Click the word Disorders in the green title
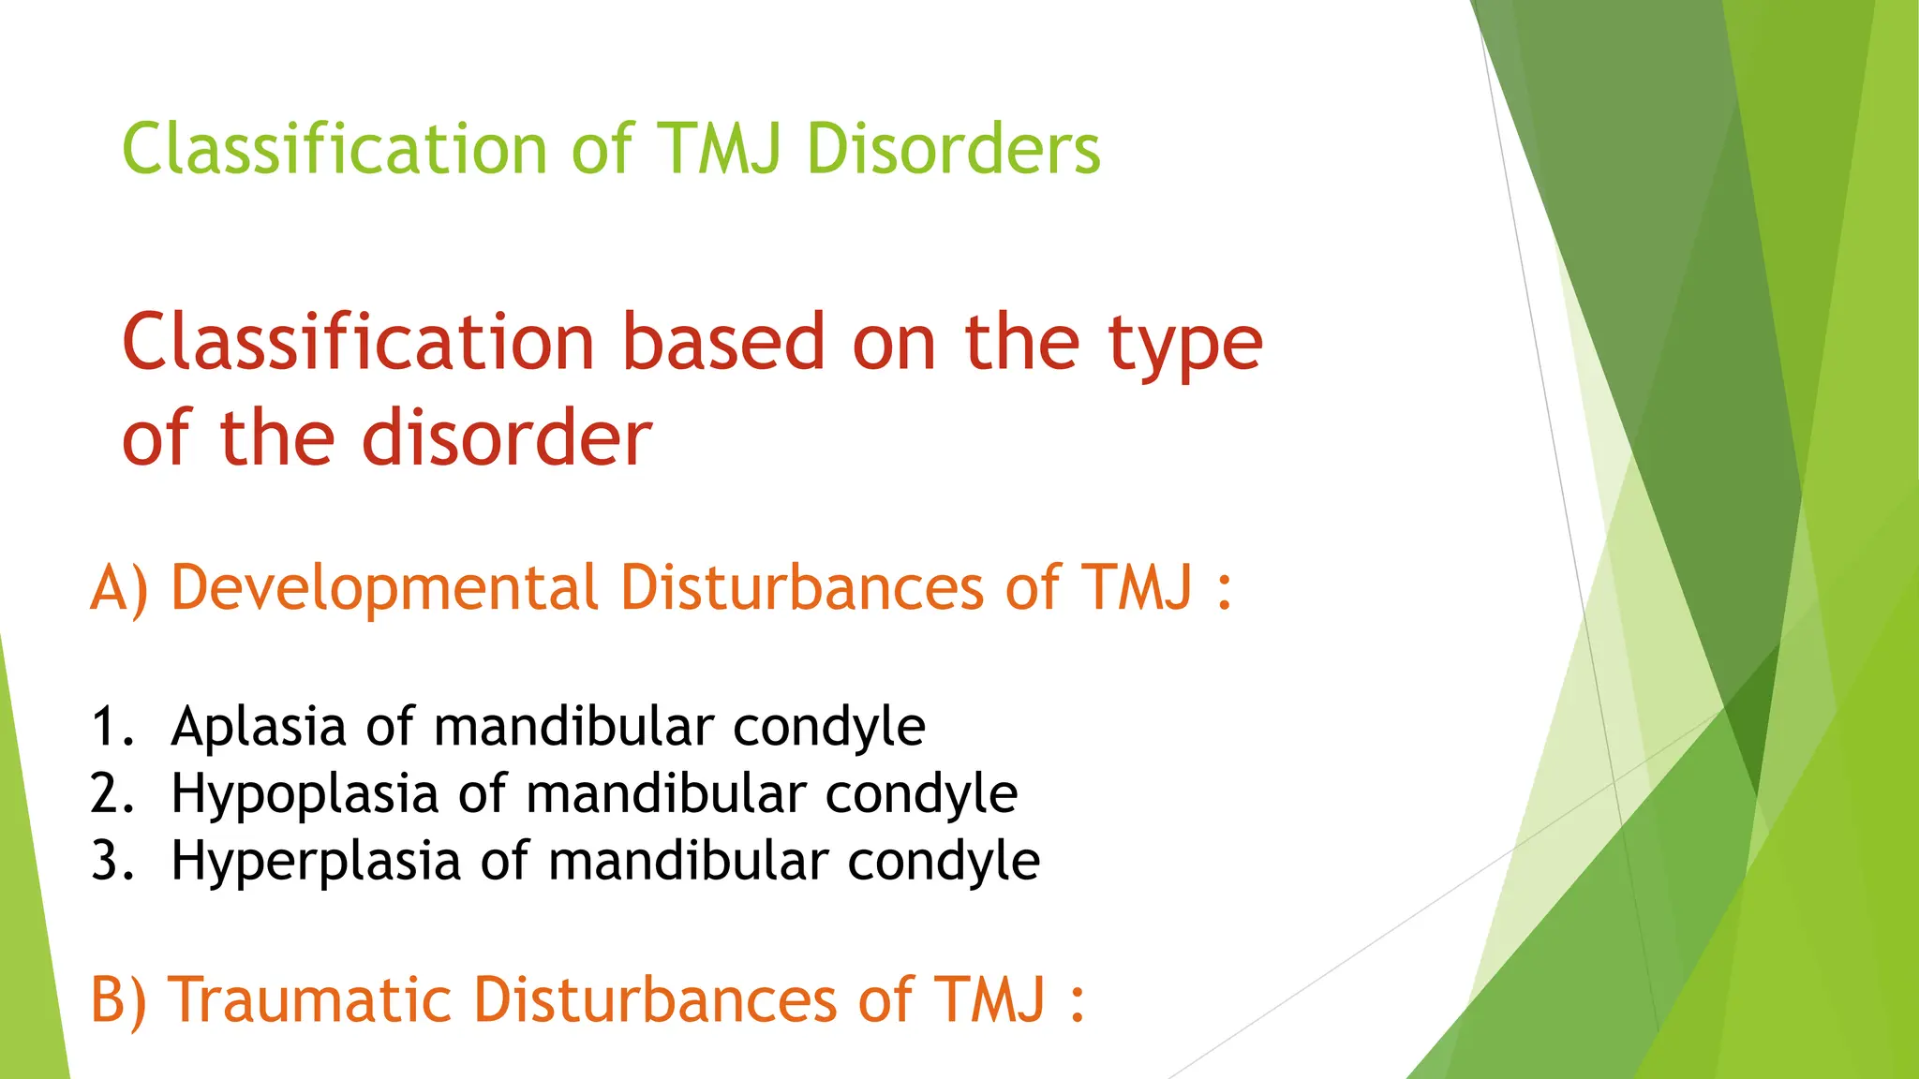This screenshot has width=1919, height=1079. (953, 150)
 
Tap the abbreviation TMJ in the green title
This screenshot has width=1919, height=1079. (720, 150)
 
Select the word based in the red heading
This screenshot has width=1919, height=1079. (723, 343)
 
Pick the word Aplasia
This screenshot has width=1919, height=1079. (259, 727)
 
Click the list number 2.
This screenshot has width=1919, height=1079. (112, 794)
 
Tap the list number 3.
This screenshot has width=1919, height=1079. (112, 862)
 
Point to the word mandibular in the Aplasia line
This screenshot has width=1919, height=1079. (573, 727)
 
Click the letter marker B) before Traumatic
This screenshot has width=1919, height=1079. (118, 1000)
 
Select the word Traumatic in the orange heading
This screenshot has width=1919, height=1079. (309, 1000)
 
